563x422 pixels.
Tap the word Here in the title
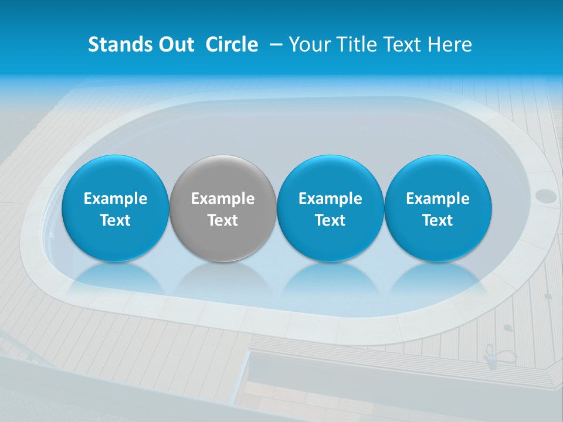pyautogui.click(x=450, y=45)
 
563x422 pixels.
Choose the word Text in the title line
pyautogui.click(x=404, y=45)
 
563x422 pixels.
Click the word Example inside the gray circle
pyautogui.click(x=223, y=199)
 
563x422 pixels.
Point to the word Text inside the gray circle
pyautogui.click(x=223, y=220)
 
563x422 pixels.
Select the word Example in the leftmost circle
pyautogui.click(x=115, y=199)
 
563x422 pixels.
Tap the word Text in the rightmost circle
pyautogui.click(x=438, y=220)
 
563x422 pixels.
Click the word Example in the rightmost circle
pyautogui.click(x=438, y=199)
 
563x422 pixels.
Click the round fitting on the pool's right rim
pyautogui.click(x=546, y=195)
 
